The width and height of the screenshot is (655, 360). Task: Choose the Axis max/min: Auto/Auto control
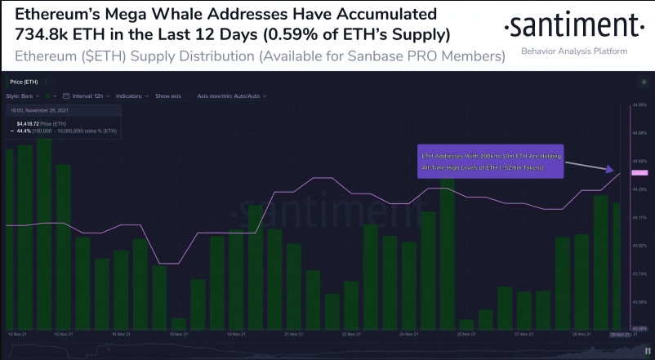pyautogui.click(x=229, y=96)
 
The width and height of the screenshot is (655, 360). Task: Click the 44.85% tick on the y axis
pyautogui.click(x=639, y=106)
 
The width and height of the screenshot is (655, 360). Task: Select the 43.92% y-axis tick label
pyautogui.click(x=639, y=245)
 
